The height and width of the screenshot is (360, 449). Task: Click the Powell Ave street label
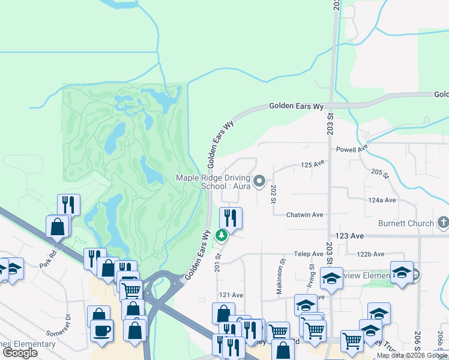pos(351,148)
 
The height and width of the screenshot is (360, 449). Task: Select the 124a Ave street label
pos(383,200)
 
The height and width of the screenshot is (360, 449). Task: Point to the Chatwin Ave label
pos(304,215)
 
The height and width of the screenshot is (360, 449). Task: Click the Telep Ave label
pos(309,254)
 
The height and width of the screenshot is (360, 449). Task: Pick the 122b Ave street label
pos(370,254)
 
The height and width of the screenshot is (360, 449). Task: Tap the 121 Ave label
pos(231,295)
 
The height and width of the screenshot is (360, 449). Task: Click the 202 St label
pos(273,193)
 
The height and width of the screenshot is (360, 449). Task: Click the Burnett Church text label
pos(406,223)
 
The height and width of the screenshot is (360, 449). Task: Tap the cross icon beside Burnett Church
pos(443,223)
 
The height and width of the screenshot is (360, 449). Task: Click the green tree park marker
pos(221,235)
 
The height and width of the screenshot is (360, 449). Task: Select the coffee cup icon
pos(101,329)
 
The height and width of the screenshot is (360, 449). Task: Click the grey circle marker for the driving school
pos(260,180)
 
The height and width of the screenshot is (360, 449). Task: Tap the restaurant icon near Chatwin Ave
pos(231,217)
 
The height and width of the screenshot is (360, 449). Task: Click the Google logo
pos(20,353)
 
